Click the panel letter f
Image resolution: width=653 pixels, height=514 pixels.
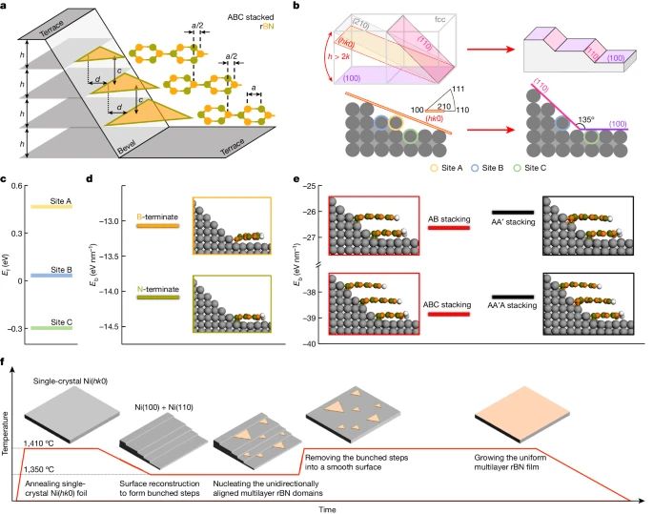point(8,362)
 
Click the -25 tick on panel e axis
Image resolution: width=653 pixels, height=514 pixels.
point(314,186)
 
